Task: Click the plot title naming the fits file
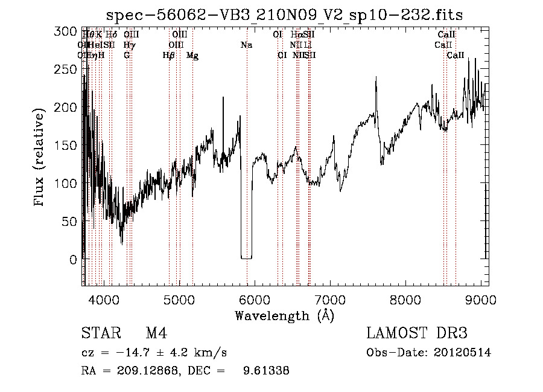click(x=284, y=14)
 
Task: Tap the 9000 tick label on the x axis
click(x=481, y=300)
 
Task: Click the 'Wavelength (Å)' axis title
click(x=284, y=315)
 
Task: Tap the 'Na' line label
click(x=246, y=45)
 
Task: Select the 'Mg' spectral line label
click(x=192, y=56)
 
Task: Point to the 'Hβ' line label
click(x=169, y=56)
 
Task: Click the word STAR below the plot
click(x=100, y=333)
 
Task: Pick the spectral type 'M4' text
click(x=156, y=333)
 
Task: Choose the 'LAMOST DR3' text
click(x=417, y=333)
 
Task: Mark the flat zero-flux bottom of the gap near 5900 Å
click(x=246, y=258)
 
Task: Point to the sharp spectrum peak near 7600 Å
click(x=376, y=77)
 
